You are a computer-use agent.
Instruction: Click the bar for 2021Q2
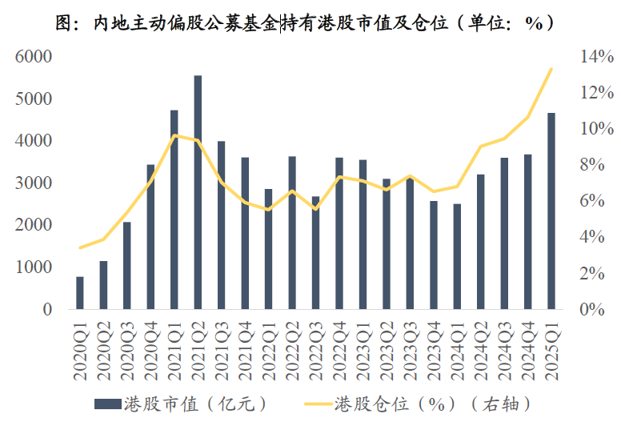click(198, 192)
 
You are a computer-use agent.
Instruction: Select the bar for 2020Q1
click(80, 292)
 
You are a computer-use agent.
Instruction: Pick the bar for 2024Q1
click(457, 256)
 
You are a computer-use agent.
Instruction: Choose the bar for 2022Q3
click(315, 252)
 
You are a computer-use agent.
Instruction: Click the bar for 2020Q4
click(150, 236)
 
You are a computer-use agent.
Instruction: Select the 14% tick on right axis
click(595, 57)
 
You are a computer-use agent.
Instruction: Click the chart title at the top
click(310, 22)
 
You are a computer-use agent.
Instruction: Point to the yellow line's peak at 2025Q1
click(551, 69)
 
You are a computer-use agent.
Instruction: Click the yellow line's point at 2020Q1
click(80, 247)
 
